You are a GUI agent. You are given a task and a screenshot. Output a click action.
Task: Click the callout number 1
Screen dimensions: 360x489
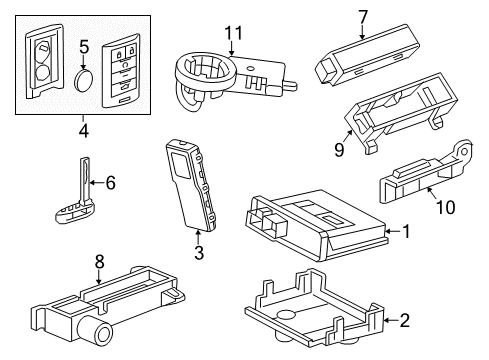[406, 231]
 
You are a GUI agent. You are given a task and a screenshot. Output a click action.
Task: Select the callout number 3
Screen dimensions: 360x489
[198, 255]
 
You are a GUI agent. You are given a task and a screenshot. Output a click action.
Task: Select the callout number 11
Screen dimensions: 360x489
[233, 34]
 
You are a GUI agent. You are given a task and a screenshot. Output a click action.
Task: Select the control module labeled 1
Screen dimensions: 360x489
[310, 227]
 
